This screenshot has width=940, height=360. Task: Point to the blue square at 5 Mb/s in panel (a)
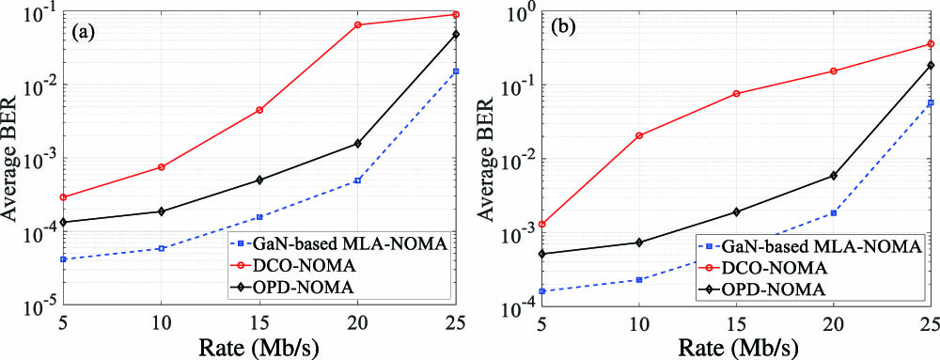pos(63,259)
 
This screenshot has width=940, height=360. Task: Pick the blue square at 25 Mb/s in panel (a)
pos(456,71)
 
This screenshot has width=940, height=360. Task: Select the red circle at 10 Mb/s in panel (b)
pos(639,135)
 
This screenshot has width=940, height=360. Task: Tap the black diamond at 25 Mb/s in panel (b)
pos(930,66)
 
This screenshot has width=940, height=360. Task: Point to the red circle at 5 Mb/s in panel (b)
pos(542,225)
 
